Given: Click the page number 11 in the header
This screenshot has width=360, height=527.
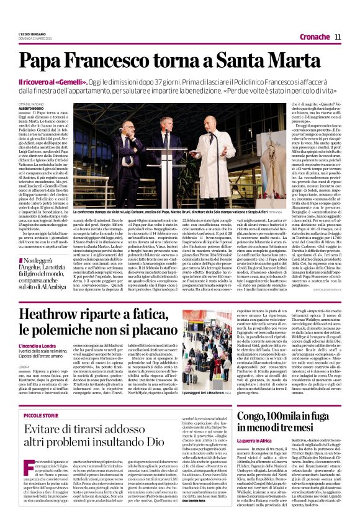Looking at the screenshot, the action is point(338,37).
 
